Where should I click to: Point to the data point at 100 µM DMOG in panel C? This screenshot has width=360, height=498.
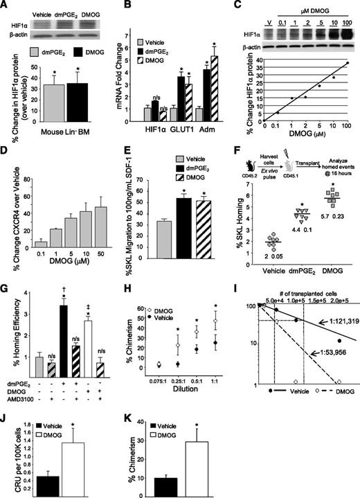point(347,63)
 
